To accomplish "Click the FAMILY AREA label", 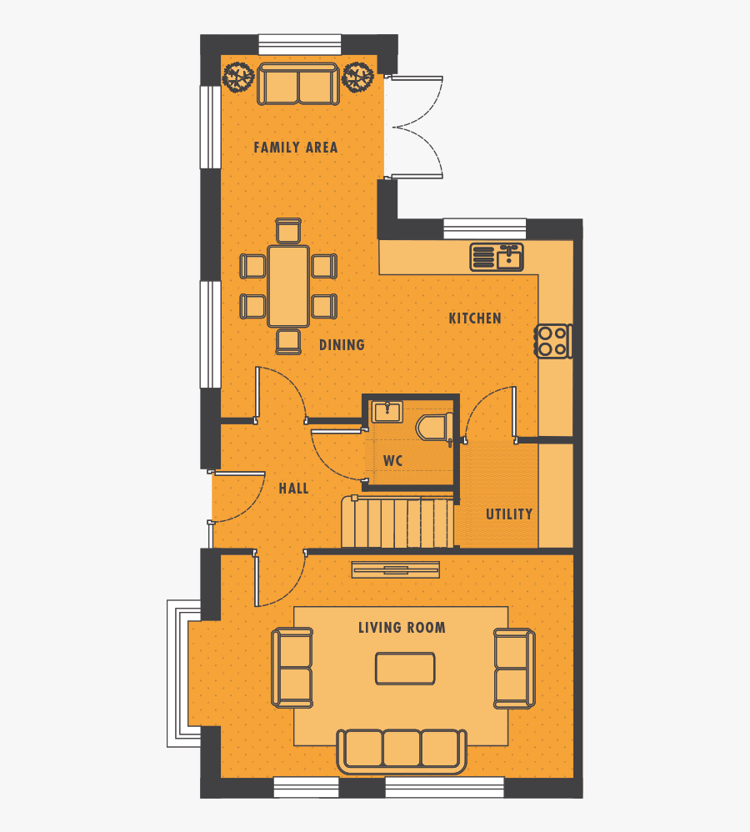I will tap(295, 148).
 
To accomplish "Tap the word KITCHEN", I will tap(475, 318).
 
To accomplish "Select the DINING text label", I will tap(342, 345).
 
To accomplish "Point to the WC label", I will tap(393, 461).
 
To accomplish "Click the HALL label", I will tap(293, 489).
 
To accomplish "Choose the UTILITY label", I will tap(509, 514).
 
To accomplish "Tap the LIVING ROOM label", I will tap(402, 628).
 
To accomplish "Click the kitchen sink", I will tap(497, 257).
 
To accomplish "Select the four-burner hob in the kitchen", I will tap(552, 340).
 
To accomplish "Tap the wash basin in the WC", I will tap(387, 411).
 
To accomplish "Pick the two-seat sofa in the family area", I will tap(298, 83).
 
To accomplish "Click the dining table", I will tap(288, 286).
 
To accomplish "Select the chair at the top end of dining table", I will tap(288, 231).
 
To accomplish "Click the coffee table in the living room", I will tap(405, 669).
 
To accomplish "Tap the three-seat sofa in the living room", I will tap(402, 750).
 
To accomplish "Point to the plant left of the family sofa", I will tap(238, 78).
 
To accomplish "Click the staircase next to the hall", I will tap(398, 523).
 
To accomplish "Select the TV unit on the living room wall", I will tap(395, 569).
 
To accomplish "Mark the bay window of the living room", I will tap(183, 674).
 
